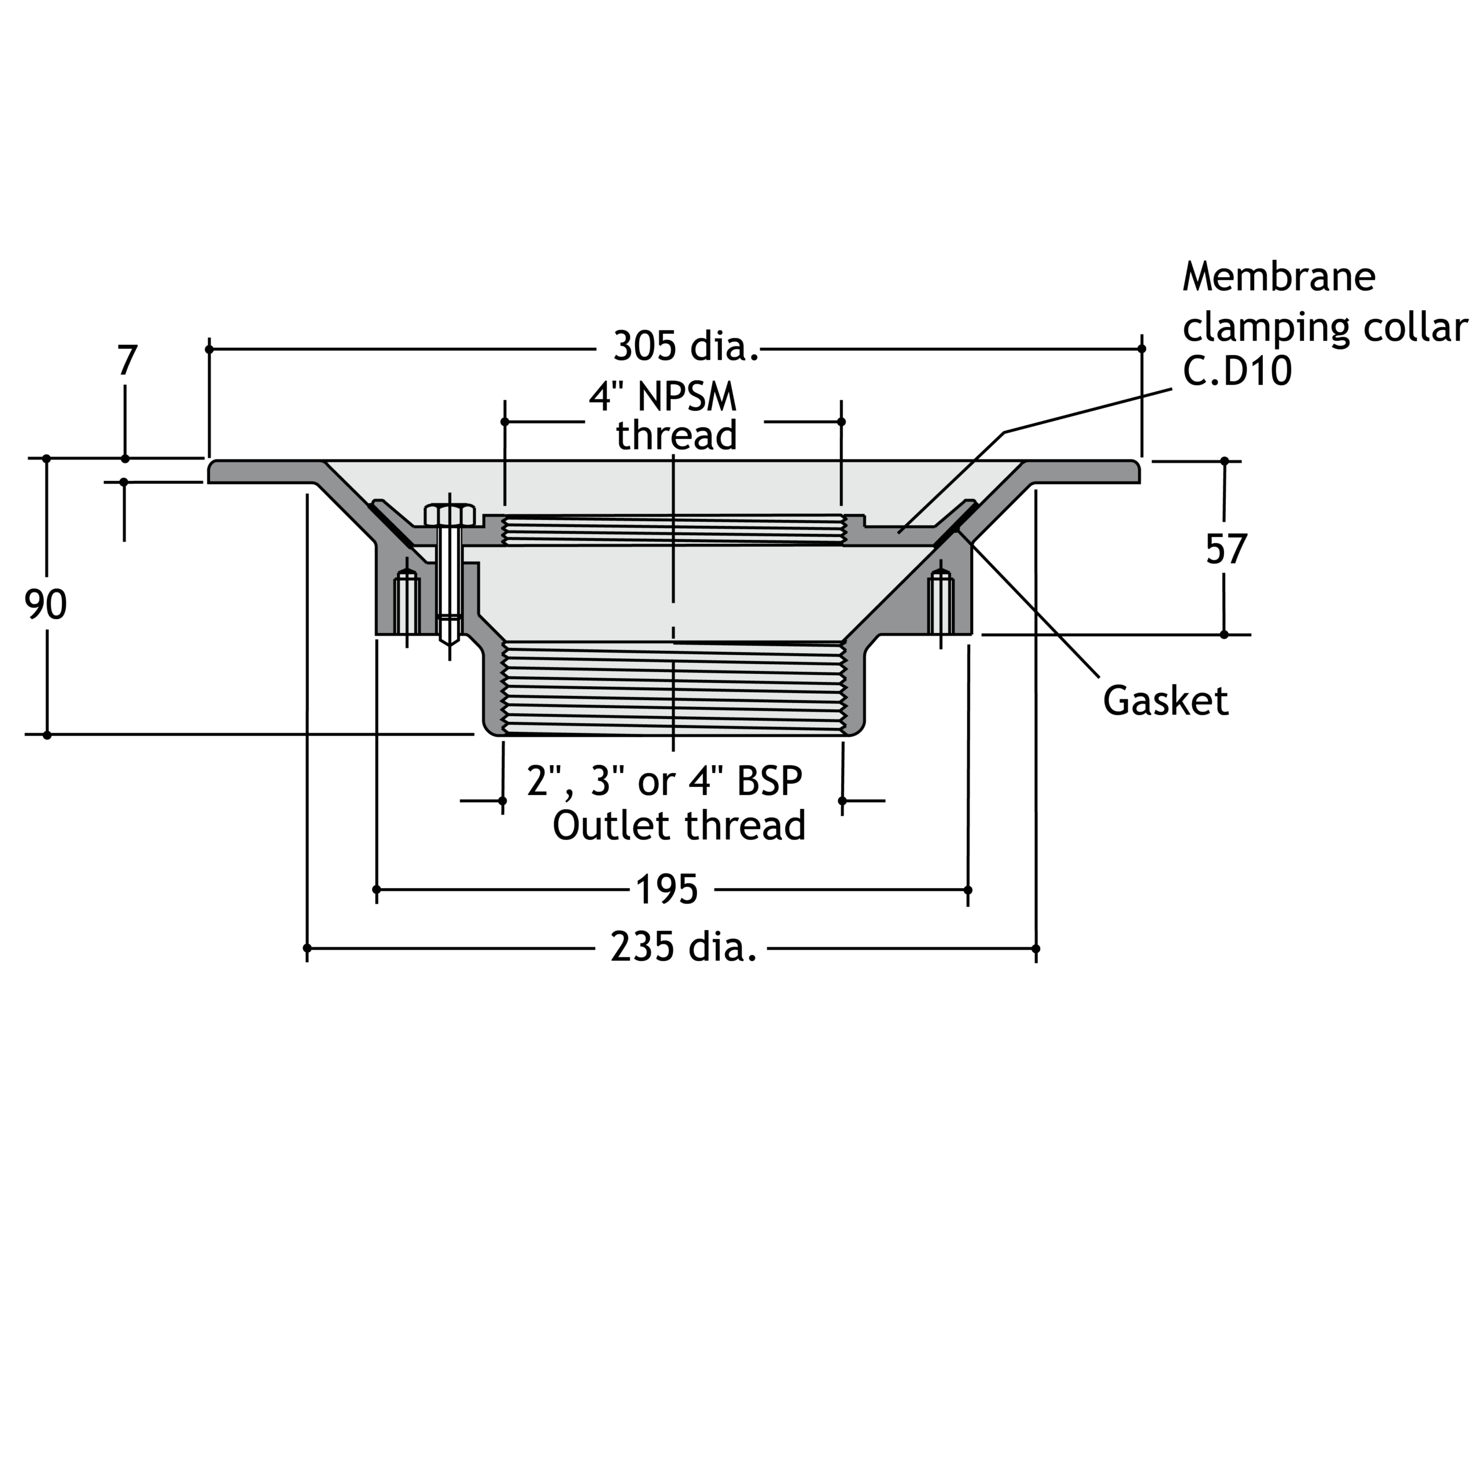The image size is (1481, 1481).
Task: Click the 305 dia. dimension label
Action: (686, 347)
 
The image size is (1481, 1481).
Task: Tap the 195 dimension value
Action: (667, 890)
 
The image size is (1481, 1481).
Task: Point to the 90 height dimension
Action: (46, 605)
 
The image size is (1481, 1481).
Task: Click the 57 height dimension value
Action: (1226, 549)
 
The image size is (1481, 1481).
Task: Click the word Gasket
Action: (1165, 701)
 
